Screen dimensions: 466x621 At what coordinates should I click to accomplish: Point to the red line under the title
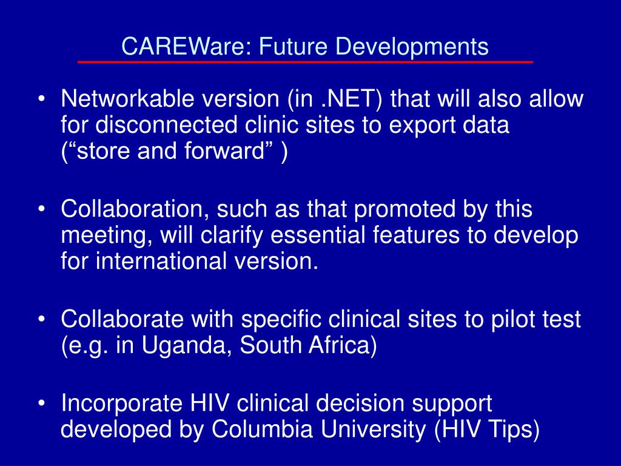(305, 62)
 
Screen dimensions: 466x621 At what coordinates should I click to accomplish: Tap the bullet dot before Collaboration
(42, 210)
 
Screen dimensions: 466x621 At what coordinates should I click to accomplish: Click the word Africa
(341, 346)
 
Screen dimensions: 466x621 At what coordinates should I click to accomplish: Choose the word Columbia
(260, 430)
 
